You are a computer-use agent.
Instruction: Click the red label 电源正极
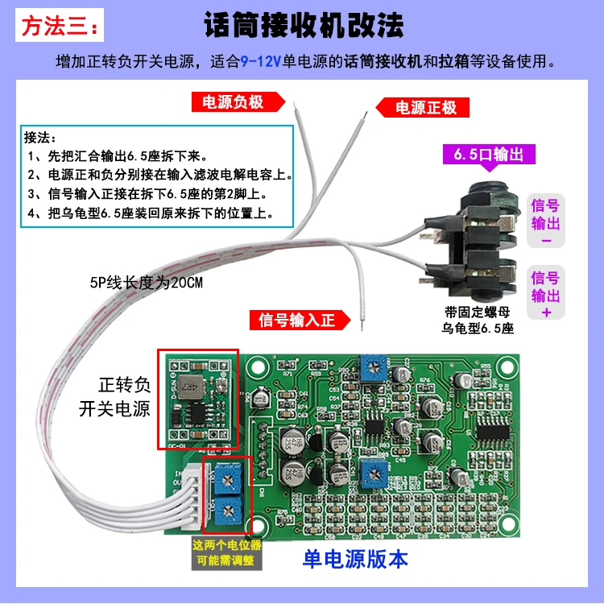coord(426,107)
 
